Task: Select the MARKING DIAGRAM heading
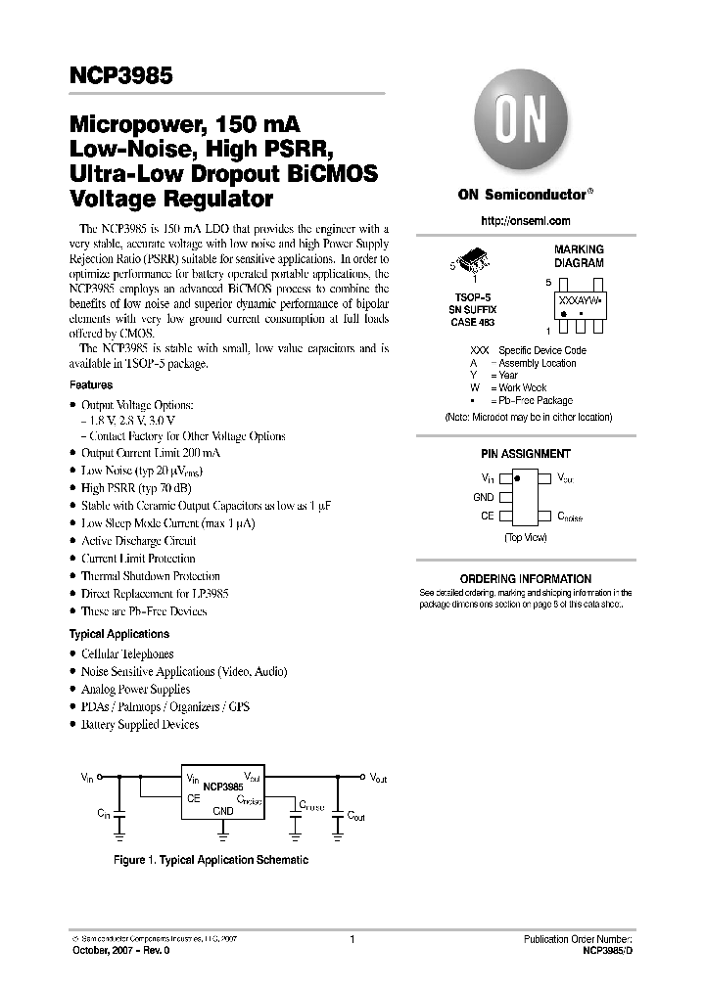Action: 579,256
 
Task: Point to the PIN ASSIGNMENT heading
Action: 526,454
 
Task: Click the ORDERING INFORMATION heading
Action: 526,579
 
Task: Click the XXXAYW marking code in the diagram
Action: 579,302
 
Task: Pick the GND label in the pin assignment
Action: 484,497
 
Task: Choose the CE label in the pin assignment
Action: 487,516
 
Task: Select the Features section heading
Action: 91,385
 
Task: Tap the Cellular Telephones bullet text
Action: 127,653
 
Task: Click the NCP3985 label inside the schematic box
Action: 223,786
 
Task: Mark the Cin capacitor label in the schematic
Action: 103,814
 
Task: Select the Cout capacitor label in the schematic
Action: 354,815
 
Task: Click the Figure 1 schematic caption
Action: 210,860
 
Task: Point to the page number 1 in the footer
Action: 351,938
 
